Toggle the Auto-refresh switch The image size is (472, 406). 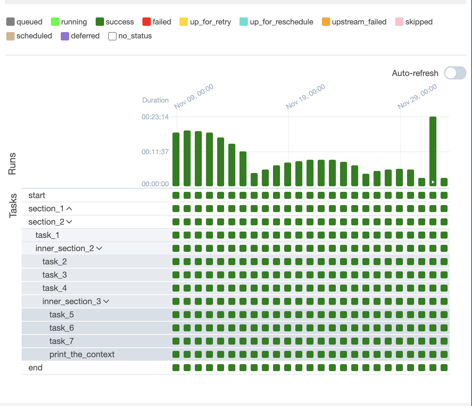click(455, 73)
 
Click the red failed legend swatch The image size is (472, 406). click(147, 22)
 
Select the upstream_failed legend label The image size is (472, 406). click(359, 22)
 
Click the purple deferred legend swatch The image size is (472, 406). click(65, 36)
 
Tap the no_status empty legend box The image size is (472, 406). click(112, 36)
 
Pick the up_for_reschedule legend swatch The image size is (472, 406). click(244, 22)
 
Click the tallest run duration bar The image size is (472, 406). click(433, 150)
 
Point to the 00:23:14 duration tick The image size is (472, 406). click(155, 117)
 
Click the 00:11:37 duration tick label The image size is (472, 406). click(155, 152)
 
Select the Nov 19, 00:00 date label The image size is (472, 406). click(306, 96)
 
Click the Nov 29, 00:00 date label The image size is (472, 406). click(418, 96)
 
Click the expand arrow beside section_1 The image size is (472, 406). click(69, 209)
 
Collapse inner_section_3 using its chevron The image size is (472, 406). click(106, 301)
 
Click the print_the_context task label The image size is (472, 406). click(82, 354)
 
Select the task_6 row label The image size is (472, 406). click(61, 328)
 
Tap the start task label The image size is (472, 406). click(37, 195)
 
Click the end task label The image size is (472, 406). click(35, 368)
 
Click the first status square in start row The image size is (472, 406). click(176, 195)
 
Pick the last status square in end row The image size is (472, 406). click(444, 368)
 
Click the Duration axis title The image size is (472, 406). click(155, 100)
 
